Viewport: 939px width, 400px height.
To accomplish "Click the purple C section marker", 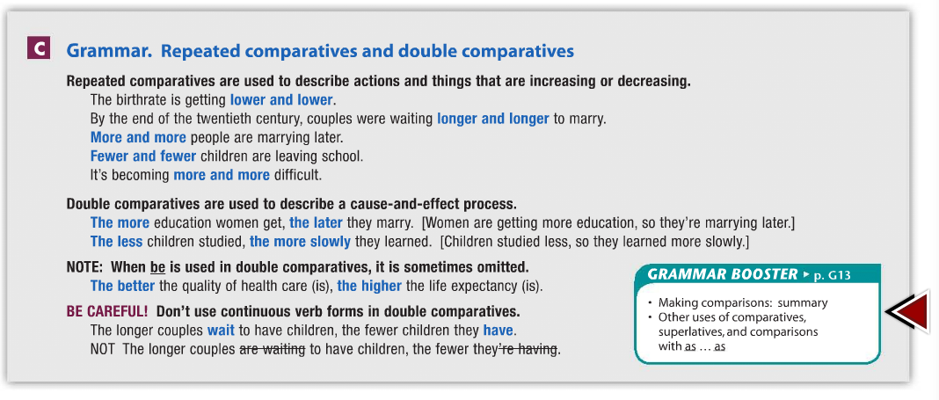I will [x=38, y=49].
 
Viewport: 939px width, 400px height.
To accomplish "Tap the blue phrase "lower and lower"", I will [x=281, y=99].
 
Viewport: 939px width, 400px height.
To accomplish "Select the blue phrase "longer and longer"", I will [x=492, y=119].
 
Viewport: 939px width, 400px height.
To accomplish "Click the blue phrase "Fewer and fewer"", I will [x=142, y=156].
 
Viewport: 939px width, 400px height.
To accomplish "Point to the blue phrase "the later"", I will [x=316, y=223].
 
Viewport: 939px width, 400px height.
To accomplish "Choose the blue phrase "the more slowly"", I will [x=300, y=242].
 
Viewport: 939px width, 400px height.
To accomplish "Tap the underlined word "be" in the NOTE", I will [x=158, y=266].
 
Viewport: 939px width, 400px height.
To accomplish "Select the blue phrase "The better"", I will [x=122, y=286].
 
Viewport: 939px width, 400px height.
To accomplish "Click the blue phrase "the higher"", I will [x=369, y=286].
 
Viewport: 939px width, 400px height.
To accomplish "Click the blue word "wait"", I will [x=221, y=331].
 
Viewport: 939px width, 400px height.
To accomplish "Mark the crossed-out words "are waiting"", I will [x=273, y=349].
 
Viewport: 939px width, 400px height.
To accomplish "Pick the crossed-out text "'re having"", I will [x=528, y=349].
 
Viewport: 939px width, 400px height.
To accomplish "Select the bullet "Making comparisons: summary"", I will [x=743, y=303].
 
